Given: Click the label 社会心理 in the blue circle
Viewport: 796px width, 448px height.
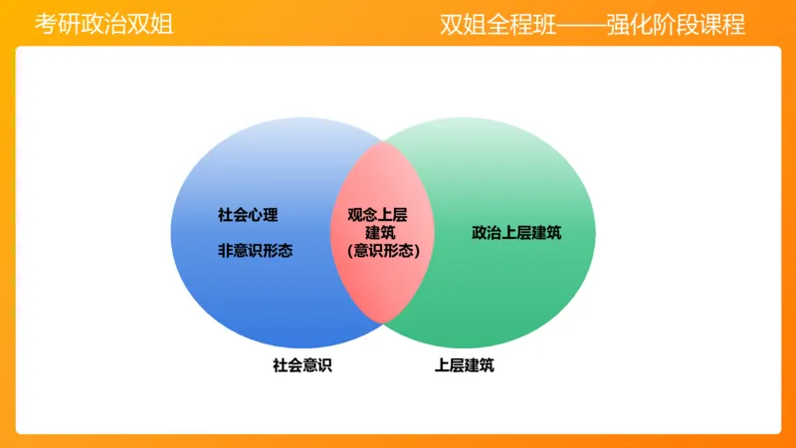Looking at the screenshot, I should [248, 215].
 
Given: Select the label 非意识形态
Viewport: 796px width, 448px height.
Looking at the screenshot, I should [255, 251].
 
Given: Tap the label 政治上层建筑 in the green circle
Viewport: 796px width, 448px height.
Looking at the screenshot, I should [517, 233].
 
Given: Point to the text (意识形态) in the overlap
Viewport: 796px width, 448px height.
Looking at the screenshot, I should [383, 251].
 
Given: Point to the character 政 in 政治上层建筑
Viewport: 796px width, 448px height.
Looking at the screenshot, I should [481, 233].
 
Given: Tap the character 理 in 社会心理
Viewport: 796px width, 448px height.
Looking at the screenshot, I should [271, 215].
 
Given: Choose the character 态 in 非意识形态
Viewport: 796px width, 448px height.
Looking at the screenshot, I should [285, 251].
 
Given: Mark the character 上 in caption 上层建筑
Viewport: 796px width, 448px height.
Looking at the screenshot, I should [443, 365].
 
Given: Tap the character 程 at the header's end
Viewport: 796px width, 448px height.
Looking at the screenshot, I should [733, 25].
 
